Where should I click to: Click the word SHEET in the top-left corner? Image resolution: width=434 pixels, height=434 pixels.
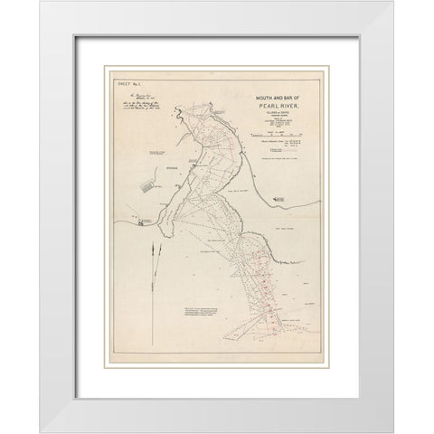tap(114, 83)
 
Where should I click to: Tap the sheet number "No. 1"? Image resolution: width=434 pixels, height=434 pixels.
tap(127, 83)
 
